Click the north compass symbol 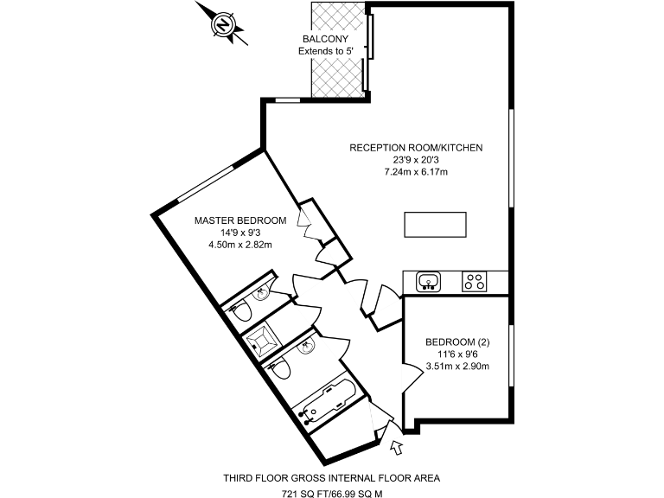point(223,25)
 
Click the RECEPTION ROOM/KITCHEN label point(415,148)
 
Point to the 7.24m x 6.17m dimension point(415,172)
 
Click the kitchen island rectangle point(434,224)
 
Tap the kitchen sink point(430,282)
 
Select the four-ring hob point(475,281)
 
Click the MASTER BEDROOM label point(239,220)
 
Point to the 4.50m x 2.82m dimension point(239,245)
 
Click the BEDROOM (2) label point(457,342)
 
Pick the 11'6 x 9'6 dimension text point(457,354)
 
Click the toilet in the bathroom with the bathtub point(281,372)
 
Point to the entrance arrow point(397,447)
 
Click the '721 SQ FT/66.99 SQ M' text point(332,494)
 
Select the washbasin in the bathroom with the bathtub point(305,347)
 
